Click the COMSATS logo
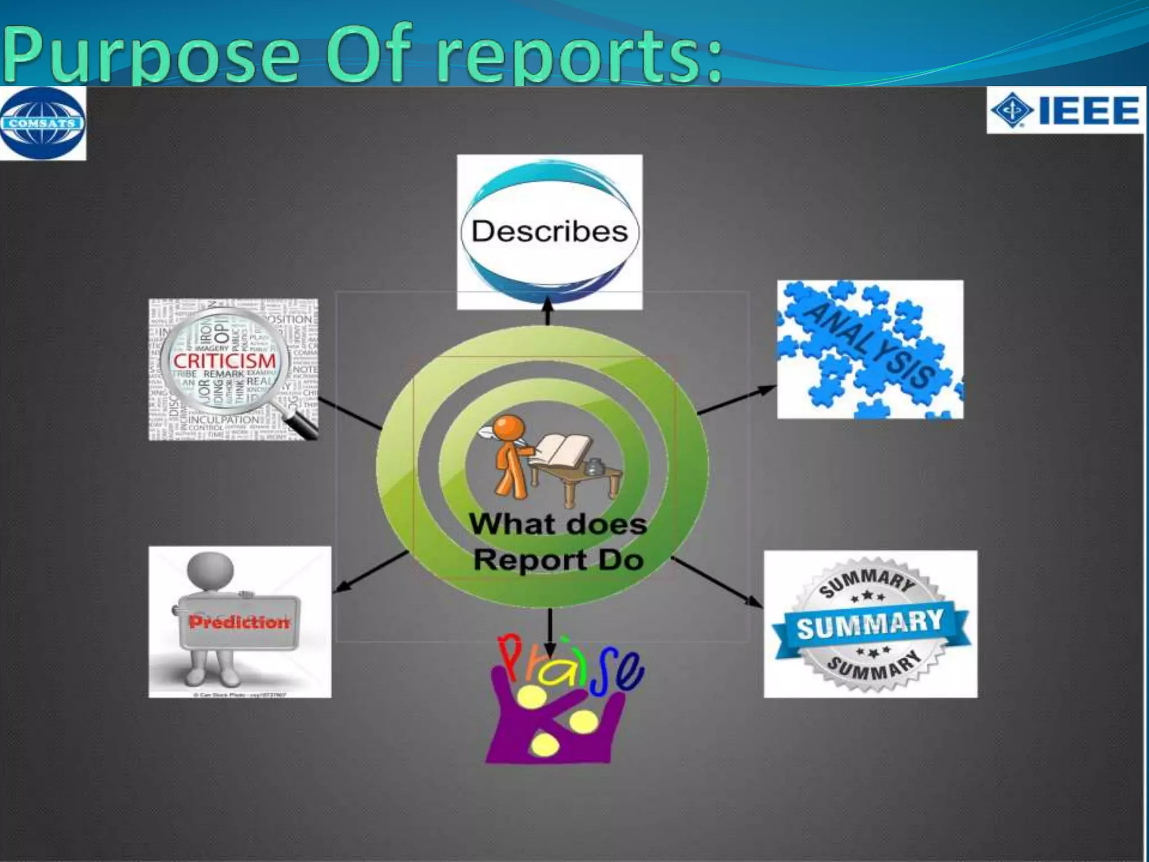coord(43,123)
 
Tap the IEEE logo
coord(1065,110)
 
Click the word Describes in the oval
coord(549,231)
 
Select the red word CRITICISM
coord(224,361)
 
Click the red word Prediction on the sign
coord(239,622)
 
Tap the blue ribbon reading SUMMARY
coord(870,623)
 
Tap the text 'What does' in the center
coord(558,524)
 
